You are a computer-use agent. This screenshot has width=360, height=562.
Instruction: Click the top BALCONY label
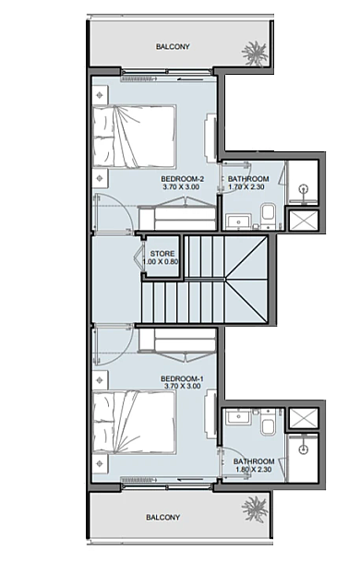pyautogui.click(x=173, y=46)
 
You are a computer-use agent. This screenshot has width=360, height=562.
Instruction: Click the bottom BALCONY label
pyautogui.click(x=162, y=517)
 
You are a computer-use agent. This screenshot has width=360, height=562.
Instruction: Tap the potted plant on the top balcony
pyautogui.click(x=254, y=53)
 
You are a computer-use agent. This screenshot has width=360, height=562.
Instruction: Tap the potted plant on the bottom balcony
pyautogui.click(x=255, y=509)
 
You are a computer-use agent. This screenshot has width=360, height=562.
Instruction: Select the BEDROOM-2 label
pyautogui.click(x=182, y=179)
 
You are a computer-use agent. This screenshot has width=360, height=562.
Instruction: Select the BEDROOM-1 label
pyautogui.click(x=182, y=379)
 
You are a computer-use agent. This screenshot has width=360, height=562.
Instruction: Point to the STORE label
pyautogui.click(x=162, y=254)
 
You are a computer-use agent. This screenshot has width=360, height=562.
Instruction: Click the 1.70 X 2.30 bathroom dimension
pyautogui.click(x=247, y=186)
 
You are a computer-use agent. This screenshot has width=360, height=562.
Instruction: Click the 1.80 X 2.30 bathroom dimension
pyautogui.click(x=253, y=470)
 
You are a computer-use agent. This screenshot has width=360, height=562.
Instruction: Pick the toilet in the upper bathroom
pyautogui.click(x=268, y=216)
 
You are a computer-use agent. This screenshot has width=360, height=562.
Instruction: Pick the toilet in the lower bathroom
pyautogui.click(x=268, y=422)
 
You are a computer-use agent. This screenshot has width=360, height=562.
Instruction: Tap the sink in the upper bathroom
pyautogui.click(x=239, y=221)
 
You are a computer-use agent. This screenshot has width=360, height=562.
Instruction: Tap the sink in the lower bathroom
pyautogui.click(x=238, y=417)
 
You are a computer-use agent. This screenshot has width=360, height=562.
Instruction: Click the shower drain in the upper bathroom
pyautogui.click(x=304, y=188)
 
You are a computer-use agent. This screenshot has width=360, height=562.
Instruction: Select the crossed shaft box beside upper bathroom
pyautogui.click(x=304, y=220)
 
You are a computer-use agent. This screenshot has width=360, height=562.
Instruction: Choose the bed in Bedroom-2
pyautogui.click(x=135, y=137)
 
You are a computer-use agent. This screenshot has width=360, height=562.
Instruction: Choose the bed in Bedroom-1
pyautogui.click(x=135, y=423)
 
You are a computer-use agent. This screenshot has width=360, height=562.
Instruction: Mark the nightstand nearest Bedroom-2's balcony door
pyautogui.click(x=100, y=95)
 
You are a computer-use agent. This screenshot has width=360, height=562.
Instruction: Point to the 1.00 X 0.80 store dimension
pyautogui.click(x=161, y=262)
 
